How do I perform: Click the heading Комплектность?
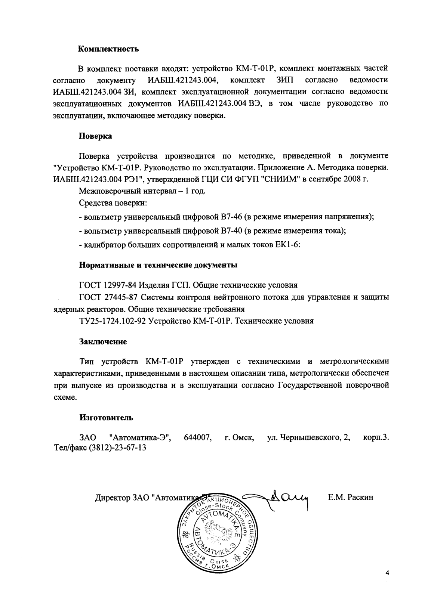103,49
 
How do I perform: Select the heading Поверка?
95,136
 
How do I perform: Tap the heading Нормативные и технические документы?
158,266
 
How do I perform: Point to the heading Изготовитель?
106,417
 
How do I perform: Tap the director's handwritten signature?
288,499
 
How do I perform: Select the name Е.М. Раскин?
350,498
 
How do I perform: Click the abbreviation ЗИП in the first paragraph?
285,80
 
